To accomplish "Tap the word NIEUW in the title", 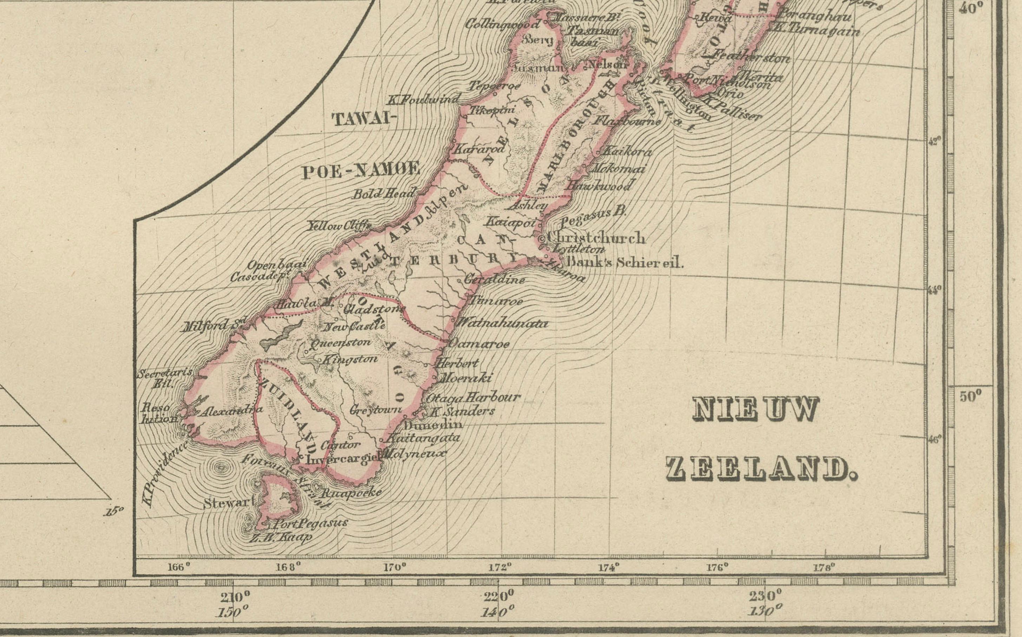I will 756,409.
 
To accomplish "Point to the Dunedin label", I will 433,424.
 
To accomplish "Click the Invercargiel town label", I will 342,459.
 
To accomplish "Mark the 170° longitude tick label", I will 395,567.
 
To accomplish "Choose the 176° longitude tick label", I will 718,567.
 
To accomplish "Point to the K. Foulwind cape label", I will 424,100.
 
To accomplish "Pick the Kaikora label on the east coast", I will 627,152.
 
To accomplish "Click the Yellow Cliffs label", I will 339,226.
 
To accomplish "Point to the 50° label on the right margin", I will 971,396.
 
